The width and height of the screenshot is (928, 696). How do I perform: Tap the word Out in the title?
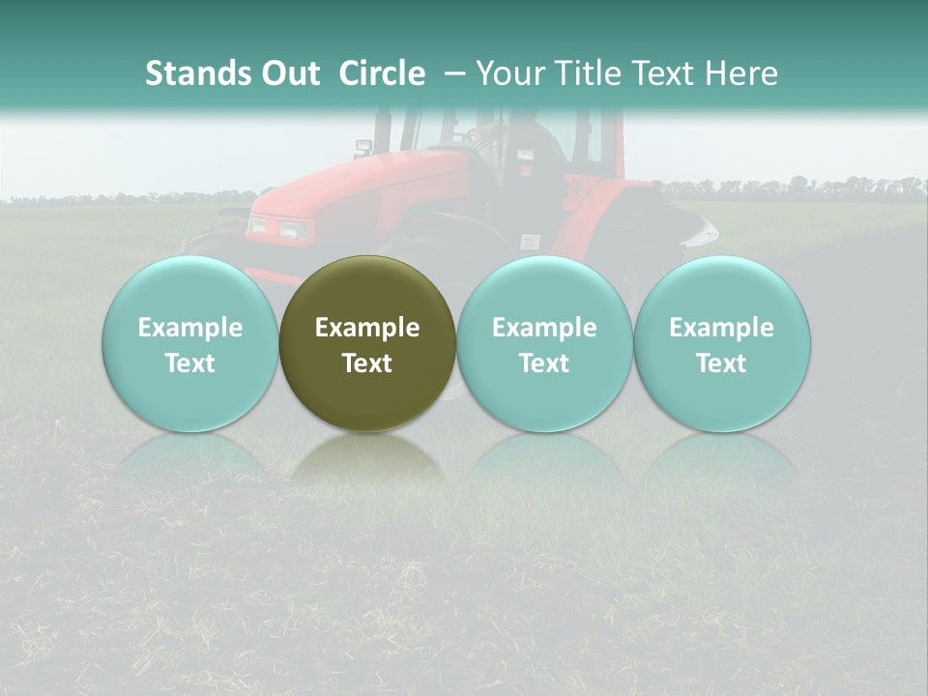click(x=287, y=73)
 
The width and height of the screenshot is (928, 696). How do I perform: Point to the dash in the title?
click(x=455, y=73)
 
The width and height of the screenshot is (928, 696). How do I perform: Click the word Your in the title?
click(x=508, y=73)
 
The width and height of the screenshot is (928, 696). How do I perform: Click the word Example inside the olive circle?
click(x=367, y=328)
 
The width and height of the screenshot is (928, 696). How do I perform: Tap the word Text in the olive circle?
click(x=367, y=363)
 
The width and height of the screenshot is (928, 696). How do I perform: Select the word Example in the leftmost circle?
click(x=190, y=328)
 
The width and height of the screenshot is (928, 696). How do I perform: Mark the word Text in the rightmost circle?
click(x=722, y=363)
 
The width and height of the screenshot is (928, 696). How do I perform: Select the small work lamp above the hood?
click(x=363, y=147)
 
